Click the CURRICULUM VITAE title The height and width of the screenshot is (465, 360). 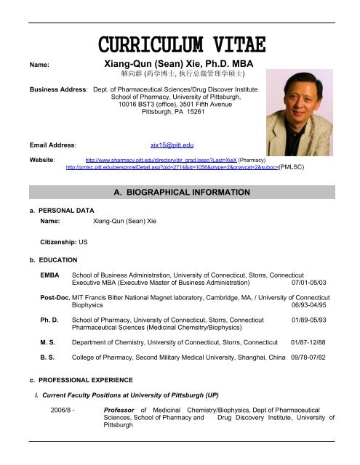point(180,45)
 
